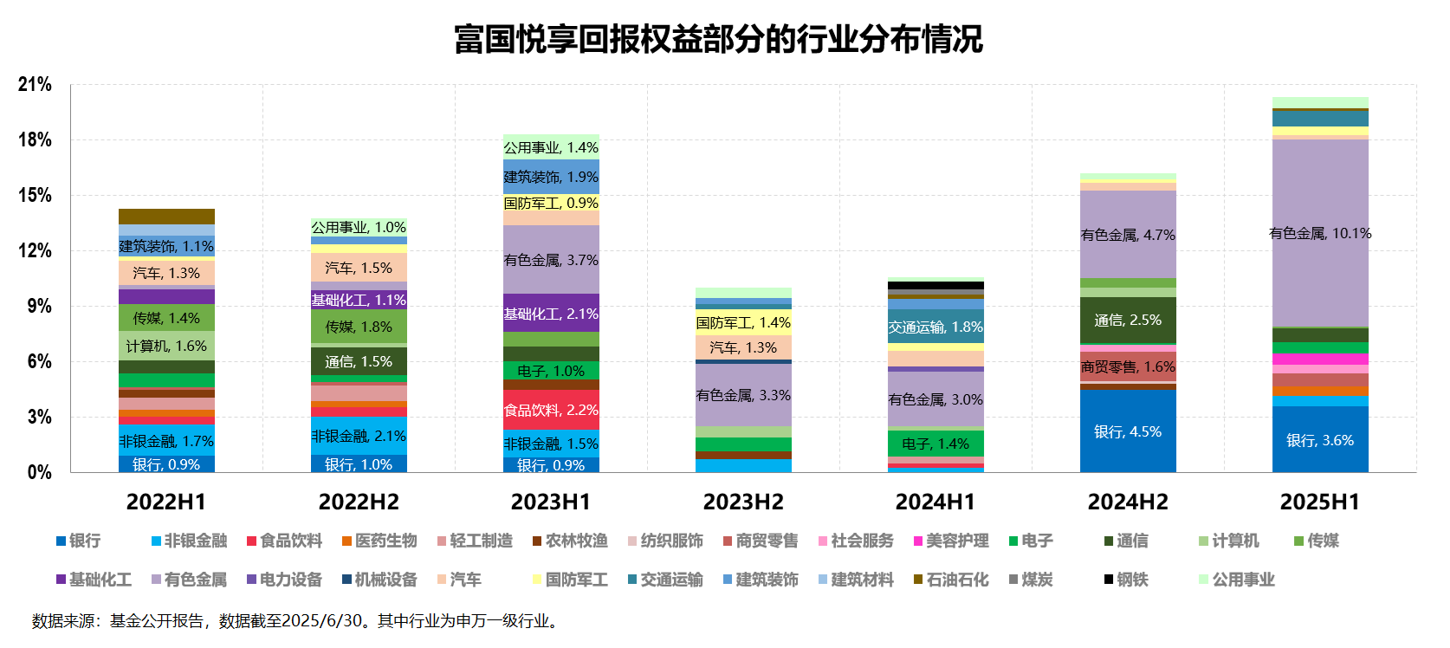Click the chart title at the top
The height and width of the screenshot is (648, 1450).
click(718, 40)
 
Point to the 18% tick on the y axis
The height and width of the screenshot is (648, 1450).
click(35, 140)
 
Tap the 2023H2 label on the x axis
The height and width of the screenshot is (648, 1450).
click(743, 502)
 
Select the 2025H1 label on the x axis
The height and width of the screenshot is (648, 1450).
click(1320, 502)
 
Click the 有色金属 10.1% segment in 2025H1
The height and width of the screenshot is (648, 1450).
click(1320, 233)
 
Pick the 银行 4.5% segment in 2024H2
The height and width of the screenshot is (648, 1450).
click(1128, 431)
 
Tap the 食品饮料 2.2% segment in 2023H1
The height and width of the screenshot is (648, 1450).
click(551, 410)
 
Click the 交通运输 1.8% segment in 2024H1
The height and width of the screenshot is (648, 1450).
click(935, 327)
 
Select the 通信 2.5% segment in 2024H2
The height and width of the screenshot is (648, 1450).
click(1128, 321)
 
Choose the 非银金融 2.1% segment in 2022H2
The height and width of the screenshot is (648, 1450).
click(359, 436)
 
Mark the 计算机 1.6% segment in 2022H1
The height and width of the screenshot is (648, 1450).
click(166, 346)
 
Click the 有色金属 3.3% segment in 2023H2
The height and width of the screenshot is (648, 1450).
click(743, 395)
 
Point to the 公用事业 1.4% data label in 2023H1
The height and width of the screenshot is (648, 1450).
click(551, 147)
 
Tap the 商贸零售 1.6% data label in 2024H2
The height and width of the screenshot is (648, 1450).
click(1128, 366)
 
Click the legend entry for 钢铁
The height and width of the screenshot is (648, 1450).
click(1126, 580)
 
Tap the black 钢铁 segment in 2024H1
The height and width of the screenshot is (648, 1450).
click(935, 286)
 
